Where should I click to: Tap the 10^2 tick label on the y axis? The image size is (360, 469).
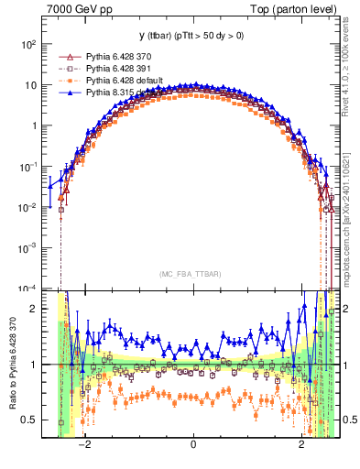(29, 45)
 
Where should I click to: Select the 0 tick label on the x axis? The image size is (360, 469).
(192, 446)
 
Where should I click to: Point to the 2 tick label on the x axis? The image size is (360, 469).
(302, 446)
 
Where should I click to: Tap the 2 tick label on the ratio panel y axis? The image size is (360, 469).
(35, 309)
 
